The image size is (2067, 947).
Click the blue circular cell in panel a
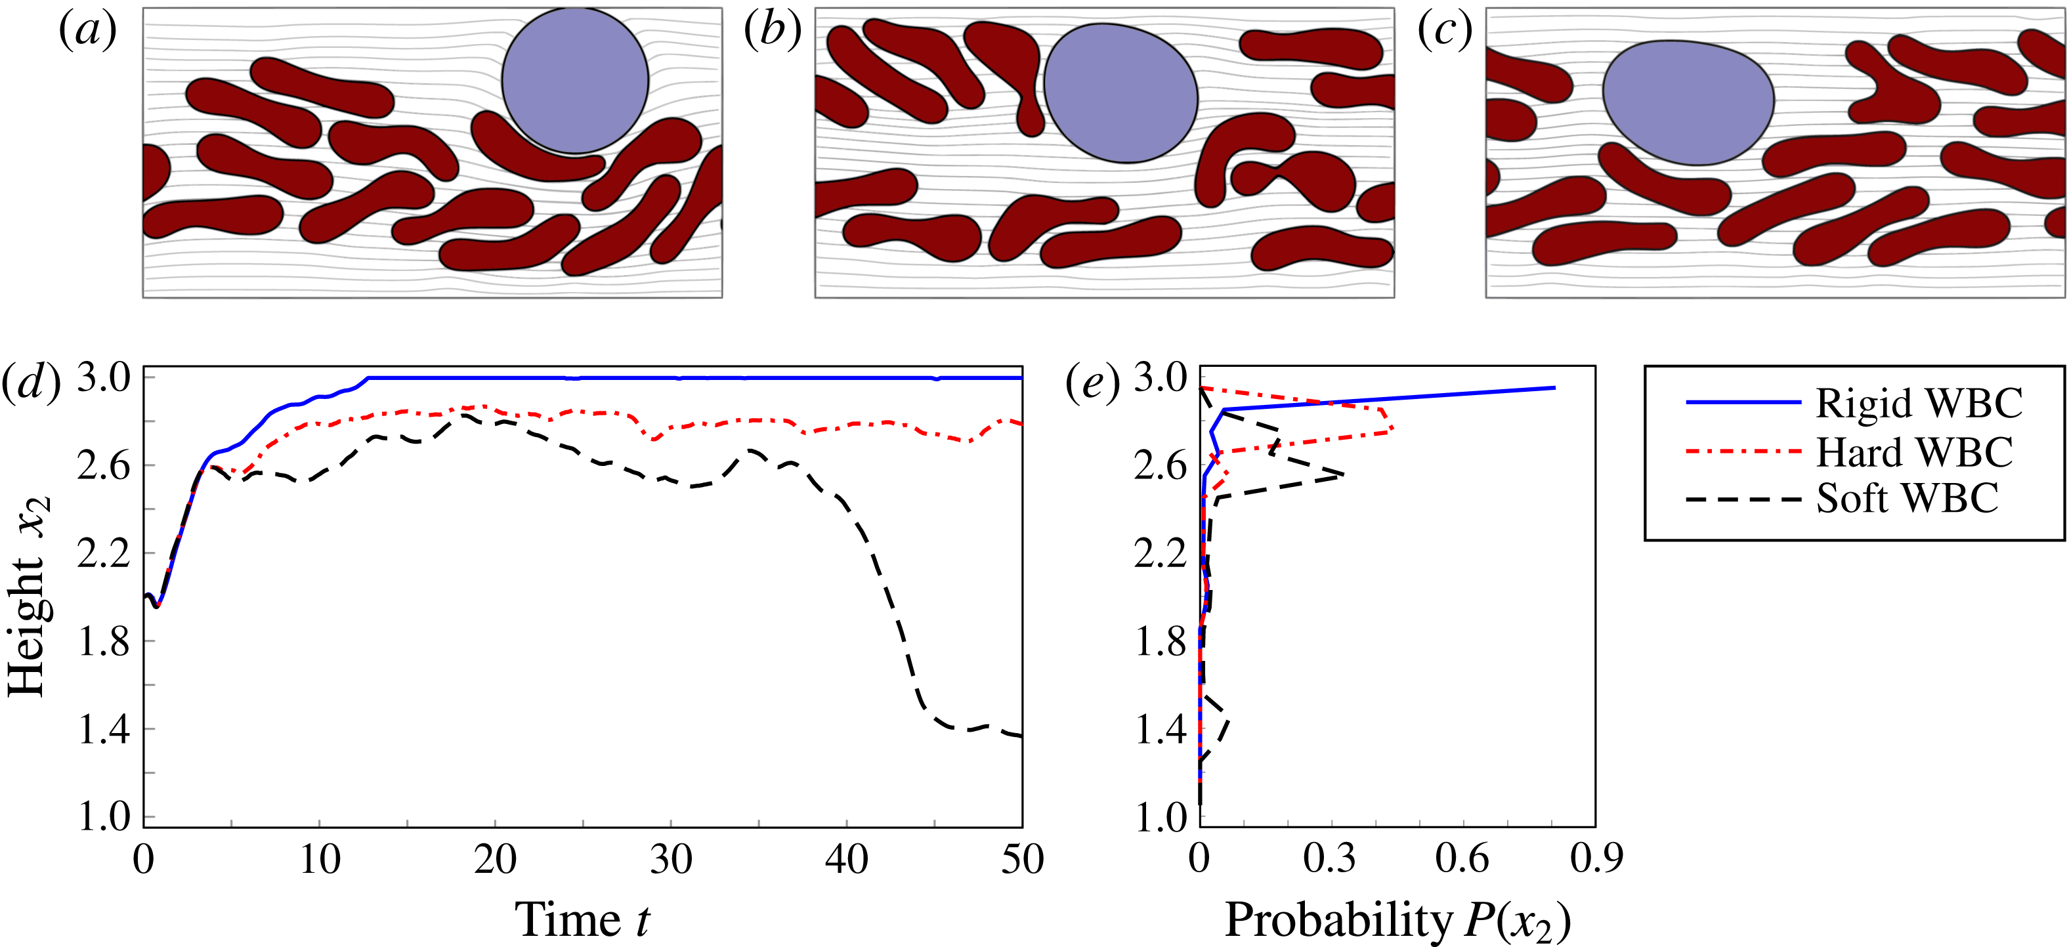pos(574,80)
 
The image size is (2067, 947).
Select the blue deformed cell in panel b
pos(1120,93)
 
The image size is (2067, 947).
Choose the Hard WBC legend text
pos(1915,452)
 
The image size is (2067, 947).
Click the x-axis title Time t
pos(582,919)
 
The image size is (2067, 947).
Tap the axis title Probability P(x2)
pos(1397,921)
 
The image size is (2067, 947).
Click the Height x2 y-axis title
pos(28,597)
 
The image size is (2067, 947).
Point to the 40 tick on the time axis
pos(847,860)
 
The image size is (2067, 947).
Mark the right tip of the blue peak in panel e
pos(1555,388)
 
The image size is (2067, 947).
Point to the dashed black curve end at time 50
pos(1021,736)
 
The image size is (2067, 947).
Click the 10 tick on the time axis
pos(320,860)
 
